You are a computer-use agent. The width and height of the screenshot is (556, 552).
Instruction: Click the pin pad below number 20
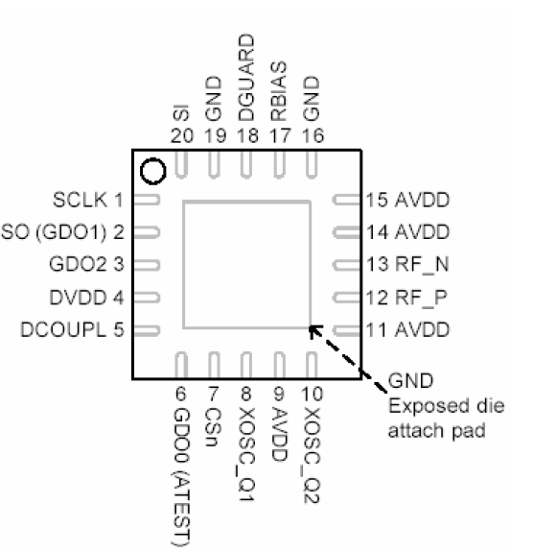180,164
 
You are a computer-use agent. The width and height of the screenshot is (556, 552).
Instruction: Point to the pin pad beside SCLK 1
146,201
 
